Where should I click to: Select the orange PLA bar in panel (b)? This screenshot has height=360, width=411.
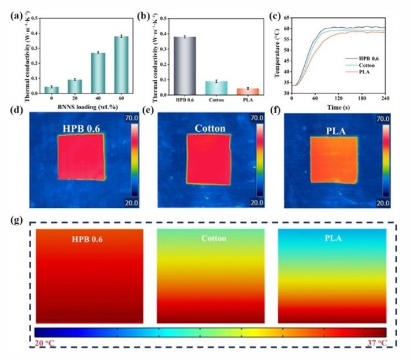coord(248,91)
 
